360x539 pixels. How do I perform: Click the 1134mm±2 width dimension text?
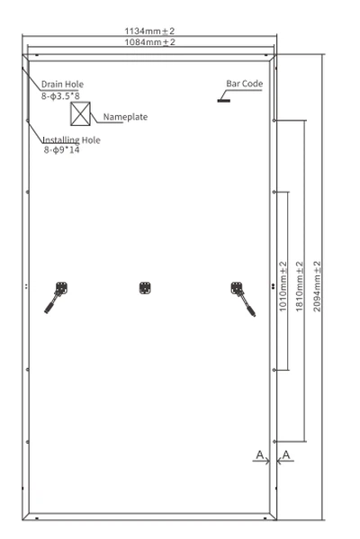pyautogui.click(x=149, y=31)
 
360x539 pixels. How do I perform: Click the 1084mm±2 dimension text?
pyautogui.click(x=149, y=42)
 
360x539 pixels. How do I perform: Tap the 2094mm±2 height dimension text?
pyautogui.click(x=317, y=286)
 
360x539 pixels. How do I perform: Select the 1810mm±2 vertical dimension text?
pyautogui.click(x=300, y=286)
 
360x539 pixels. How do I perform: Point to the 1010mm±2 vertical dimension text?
pyautogui.click(x=283, y=286)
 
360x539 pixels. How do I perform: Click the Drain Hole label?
pyautogui.click(x=62, y=85)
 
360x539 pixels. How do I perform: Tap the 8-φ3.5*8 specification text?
pyautogui.click(x=60, y=96)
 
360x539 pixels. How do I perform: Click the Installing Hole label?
pyautogui.click(x=71, y=139)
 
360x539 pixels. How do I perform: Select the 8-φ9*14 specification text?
pyautogui.click(x=61, y=150)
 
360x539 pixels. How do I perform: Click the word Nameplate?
pyautogui.click(x=125, y=117)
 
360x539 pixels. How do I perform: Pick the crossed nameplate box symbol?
pyautogui.click(x=80, y=113)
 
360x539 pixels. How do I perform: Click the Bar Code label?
pyautogui.click(x=245, y=84)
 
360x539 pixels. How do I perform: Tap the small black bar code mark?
pyautogui.click(x=223, y=101)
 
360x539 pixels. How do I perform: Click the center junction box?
pyautogui.click(x=145, y=288)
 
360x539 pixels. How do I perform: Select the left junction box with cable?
pyautogui.click(x=56, y=297)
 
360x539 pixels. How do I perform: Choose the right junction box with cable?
pyautogui.click(x=243, y=299)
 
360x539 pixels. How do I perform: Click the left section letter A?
pyautogui.click(x=259, y=455)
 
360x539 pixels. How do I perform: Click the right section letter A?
pyautogui.click(x=286, y=455)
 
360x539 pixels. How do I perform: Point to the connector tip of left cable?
pyautogui.click(x=45, y=311)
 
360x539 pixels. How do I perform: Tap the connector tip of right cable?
pyautogui.click(x=255, y=315)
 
